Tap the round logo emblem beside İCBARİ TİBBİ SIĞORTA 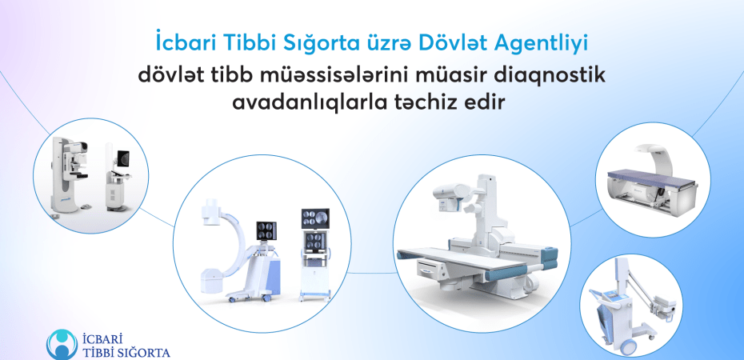click(x=62, y=345)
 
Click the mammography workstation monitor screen click(x=123, y=158)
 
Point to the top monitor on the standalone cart click(x=315, y=218)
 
